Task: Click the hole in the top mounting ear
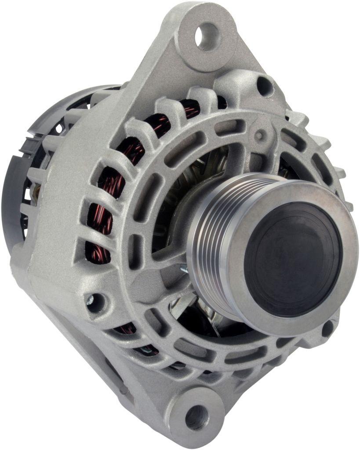pos(207,36)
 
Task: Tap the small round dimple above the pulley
pos(260,135)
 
